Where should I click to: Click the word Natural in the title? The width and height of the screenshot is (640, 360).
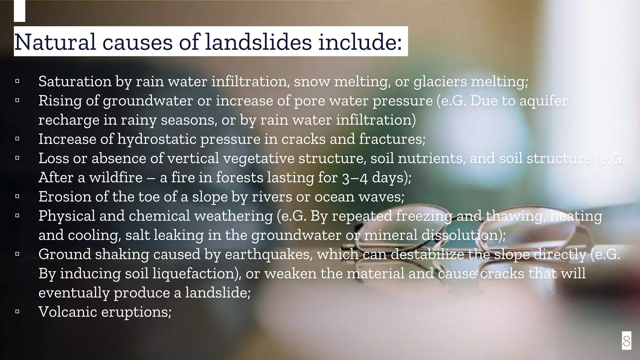55,42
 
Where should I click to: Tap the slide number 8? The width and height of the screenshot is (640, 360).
626,341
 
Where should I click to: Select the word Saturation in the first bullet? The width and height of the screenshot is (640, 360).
75,82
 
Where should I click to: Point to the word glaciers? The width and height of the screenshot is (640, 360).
440,82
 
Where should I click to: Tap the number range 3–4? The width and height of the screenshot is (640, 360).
354,178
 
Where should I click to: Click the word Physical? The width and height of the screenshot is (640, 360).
67,216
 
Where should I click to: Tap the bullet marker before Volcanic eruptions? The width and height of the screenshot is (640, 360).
17,312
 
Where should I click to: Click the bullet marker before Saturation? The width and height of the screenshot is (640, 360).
17,81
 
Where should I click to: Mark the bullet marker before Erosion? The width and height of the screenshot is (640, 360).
17,197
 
